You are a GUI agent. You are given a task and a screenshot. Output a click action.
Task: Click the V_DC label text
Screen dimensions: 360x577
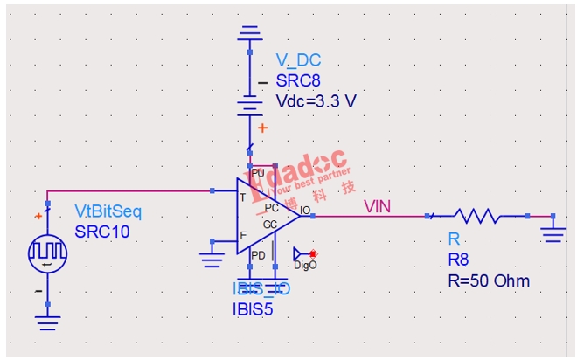(298, 60)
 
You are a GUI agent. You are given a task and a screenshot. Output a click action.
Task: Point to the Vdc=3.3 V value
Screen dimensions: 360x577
(316, 100)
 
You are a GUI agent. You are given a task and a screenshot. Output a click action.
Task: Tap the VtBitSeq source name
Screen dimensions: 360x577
(107, 212)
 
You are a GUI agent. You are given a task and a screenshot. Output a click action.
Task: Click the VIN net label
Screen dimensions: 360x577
(378, 206)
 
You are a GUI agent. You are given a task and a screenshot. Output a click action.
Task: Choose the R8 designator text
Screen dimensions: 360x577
(458, 260)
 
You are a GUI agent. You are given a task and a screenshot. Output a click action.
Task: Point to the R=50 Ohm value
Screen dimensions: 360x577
(488, 280)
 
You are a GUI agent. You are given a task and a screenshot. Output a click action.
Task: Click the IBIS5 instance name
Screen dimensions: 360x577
(253, 308)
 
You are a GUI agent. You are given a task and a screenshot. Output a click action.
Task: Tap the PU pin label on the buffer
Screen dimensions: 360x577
(258, 173)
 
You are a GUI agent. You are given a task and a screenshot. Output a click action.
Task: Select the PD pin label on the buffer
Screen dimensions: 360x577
(258, 255)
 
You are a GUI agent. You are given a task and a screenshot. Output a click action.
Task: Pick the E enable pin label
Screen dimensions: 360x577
(242, 236)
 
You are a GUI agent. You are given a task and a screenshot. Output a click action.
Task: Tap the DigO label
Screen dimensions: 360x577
(305, 265)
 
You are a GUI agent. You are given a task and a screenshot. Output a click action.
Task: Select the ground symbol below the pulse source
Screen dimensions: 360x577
(48, 323)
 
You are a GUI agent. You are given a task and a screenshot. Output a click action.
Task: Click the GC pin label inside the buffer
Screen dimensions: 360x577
(270, 225)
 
